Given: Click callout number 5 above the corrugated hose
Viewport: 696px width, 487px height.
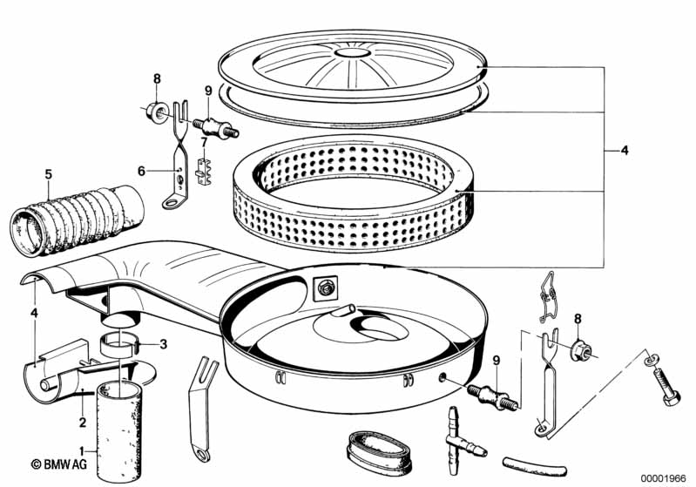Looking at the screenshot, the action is click(49, 173).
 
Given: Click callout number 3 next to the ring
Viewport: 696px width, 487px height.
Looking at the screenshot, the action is click(163, 343).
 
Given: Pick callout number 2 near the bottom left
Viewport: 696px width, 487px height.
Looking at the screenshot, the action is click(82, 399).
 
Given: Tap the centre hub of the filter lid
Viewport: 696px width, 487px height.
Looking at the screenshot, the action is click(352, 54).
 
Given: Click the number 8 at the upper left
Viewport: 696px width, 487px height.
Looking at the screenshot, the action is click(158, 79).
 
